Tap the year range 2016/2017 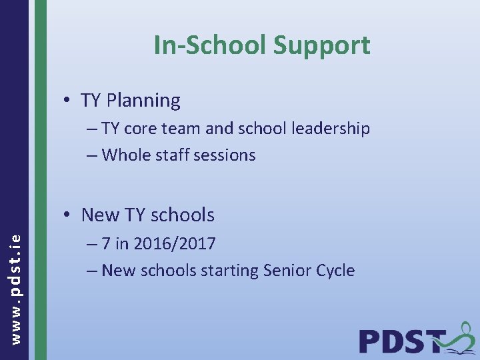pyautogui.click(x=175, y=244)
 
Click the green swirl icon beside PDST pyautogui.click(x=460, y=337)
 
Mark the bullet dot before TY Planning pyautogui.click(x=68, y=101)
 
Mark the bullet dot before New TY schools pyautogui.click(x=68, y=215)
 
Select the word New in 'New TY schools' pyautogui.click(x=99, y=215)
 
